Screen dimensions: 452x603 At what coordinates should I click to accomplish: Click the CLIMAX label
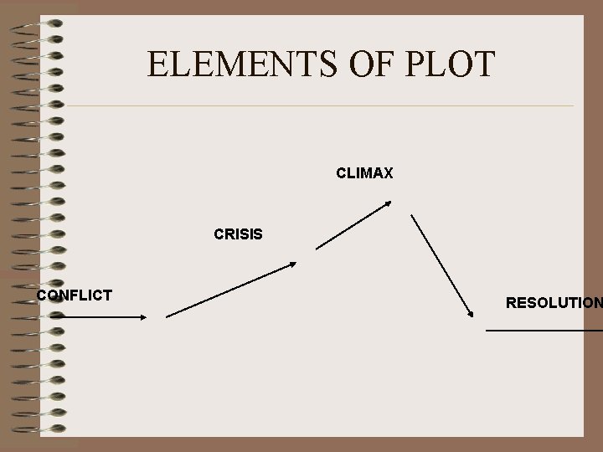[x=364, y=174]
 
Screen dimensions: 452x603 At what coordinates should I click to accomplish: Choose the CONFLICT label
[x=75, y=295]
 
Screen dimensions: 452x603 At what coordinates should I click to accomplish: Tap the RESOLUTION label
[x=553, y=303]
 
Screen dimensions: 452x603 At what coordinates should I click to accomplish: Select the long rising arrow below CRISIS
[x=231, y=290]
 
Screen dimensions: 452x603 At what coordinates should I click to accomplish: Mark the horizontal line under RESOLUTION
[x=544, y=331]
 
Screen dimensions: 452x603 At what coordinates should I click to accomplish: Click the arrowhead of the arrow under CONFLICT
[x=143, y=316]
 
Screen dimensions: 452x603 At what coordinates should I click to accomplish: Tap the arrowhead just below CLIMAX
[x=387, y=203]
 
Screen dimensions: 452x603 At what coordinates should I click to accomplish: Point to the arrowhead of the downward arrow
[x=471, y=314]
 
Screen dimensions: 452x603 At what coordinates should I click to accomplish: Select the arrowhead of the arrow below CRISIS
[x=292, y=264]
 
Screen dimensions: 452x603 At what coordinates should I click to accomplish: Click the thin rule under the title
[x=318, y=106]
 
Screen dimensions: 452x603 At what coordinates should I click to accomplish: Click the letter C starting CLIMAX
[x=341, y=174]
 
